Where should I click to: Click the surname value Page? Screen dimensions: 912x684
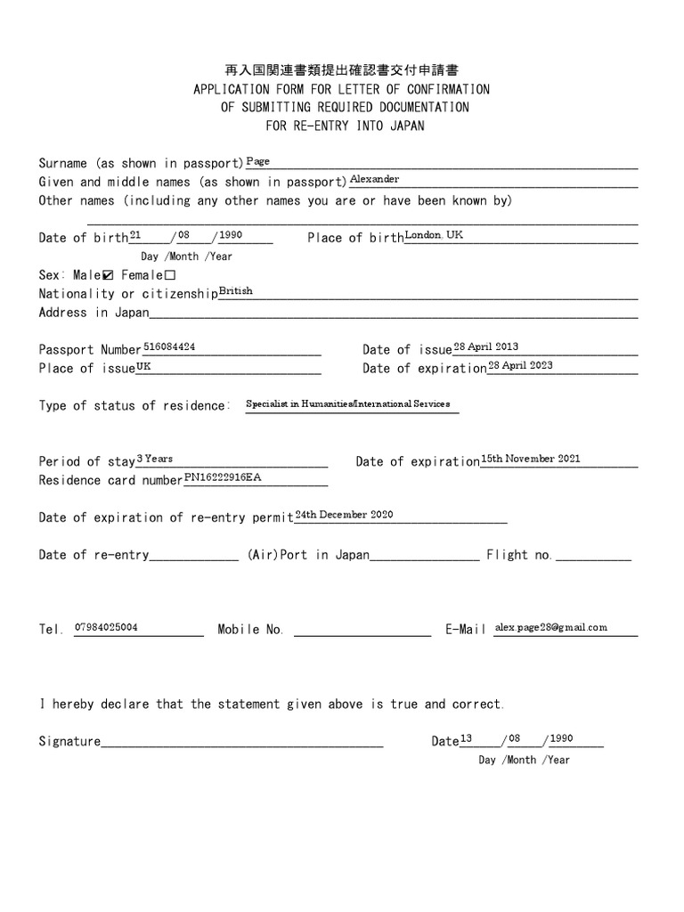[257, 161]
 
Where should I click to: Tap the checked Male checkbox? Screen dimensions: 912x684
[110, 275]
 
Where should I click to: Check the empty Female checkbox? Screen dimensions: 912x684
[170, 275]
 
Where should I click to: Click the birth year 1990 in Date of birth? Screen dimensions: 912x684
[230, 235]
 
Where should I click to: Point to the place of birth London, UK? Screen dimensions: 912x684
[435, 235]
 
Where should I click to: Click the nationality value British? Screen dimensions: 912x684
[236, 291]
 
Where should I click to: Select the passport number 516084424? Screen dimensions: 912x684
[170, 347]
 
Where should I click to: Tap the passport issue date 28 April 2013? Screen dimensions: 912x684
[486, 347]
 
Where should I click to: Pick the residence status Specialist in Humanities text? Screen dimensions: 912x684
[348, 404]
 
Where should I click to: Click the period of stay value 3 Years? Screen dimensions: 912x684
[155, 459]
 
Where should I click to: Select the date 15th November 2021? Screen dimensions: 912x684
[531, 459]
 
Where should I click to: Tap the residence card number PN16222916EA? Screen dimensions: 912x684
[224, 477]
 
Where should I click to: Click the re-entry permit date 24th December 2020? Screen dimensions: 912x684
[344, 515]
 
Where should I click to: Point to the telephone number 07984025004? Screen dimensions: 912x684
[106, 627]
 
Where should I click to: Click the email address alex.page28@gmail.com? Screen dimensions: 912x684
[551, 627]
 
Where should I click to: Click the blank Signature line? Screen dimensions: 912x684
[242, 741]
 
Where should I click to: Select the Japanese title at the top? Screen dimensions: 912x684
[341, 69]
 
